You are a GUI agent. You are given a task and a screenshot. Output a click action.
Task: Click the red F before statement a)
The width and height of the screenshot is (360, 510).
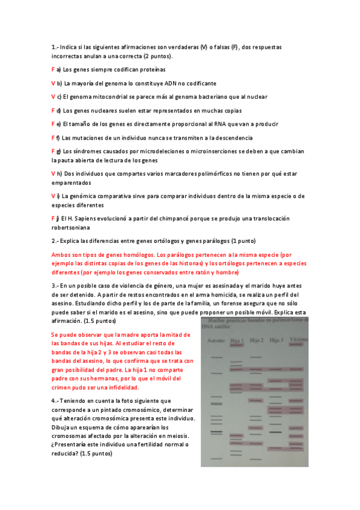53,70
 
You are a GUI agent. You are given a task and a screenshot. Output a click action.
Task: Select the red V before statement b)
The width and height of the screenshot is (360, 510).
53,83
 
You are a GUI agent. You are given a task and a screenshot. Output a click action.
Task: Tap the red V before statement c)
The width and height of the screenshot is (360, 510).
53,97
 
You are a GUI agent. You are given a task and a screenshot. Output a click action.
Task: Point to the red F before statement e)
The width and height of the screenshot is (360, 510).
53,124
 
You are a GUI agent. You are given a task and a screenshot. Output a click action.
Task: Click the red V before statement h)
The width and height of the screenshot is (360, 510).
53,173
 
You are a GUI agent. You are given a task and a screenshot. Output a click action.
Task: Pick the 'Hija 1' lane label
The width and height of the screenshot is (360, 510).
237,340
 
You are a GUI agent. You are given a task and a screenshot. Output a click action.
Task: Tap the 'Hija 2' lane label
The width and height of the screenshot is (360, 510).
257,340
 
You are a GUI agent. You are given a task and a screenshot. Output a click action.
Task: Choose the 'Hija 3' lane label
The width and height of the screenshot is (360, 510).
276,340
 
